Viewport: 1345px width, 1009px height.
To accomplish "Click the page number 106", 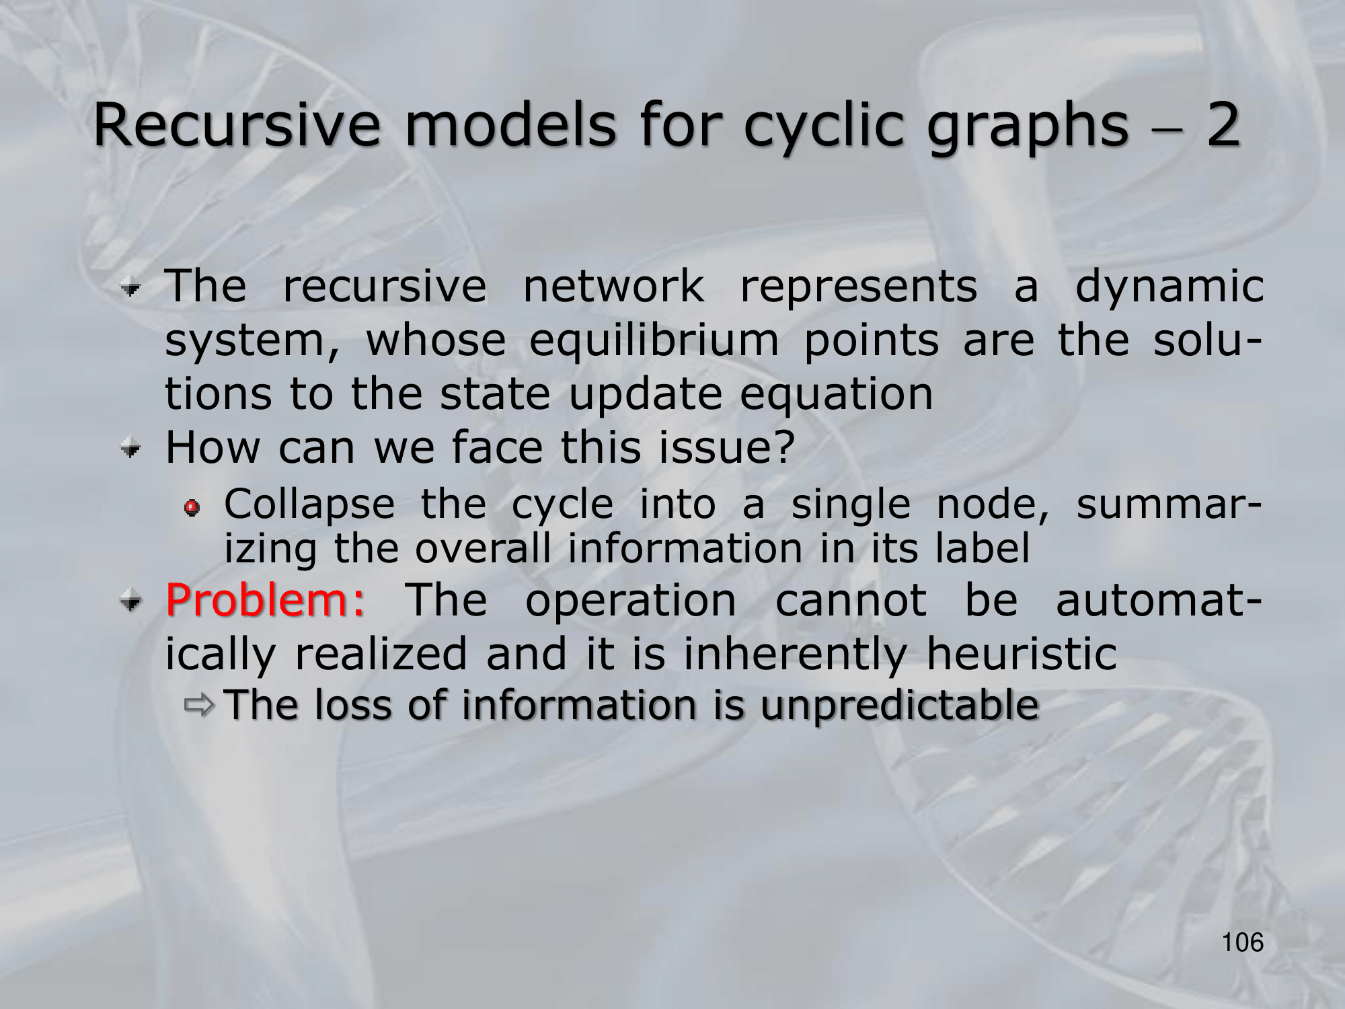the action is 1243,942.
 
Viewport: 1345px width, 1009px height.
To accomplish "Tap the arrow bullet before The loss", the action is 199,706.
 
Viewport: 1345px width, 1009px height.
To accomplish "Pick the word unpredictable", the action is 900,706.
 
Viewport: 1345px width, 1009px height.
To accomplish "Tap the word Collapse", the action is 309,506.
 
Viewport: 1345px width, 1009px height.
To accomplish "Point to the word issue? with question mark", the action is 727,447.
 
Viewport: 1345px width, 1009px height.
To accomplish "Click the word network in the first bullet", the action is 614,287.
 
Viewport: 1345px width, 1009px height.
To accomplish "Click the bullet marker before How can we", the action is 132,449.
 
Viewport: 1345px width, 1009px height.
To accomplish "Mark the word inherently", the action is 795,655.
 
